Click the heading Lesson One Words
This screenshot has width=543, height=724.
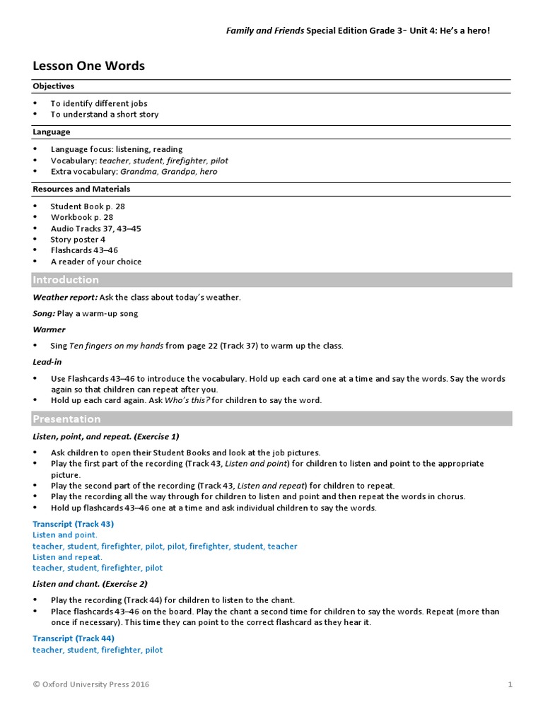click(88, 66)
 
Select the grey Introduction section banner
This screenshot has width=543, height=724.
click(272, 280)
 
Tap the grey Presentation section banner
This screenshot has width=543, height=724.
click(272, 419)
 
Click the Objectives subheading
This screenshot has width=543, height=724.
click(53, 86)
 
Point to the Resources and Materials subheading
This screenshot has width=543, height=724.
click(81, 189)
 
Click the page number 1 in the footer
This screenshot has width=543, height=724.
click(510, 684)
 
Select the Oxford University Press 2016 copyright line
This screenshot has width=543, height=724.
click(91, 684)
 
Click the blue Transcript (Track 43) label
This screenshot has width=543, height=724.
click(73, 524)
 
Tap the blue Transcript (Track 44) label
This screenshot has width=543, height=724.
click(73, 638)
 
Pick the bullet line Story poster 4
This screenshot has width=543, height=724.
click(78, 239)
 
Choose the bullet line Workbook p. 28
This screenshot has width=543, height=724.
click(81, 217)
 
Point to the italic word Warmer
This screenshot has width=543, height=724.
click(49, 329)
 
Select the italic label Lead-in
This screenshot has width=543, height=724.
click(47, 361)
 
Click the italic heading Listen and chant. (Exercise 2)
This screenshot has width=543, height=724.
click(90, 584)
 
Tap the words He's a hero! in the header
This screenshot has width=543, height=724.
click(465, 31)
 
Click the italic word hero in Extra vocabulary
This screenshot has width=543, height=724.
click(207, 171)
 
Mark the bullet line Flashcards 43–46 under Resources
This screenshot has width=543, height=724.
click(84, 250)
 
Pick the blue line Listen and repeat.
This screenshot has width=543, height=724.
click(67, 557)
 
